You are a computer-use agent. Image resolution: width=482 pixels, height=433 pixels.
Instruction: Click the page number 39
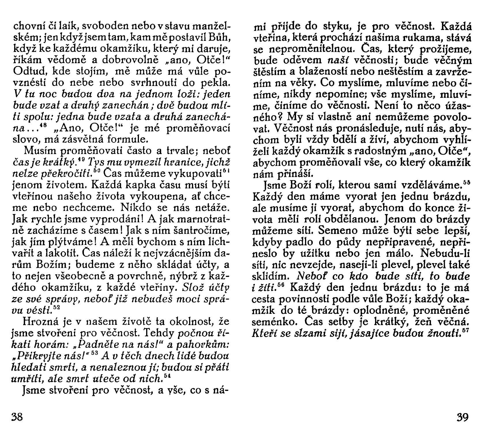pos(463,417)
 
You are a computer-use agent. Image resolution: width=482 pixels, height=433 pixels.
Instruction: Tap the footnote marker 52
pos(57,308)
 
